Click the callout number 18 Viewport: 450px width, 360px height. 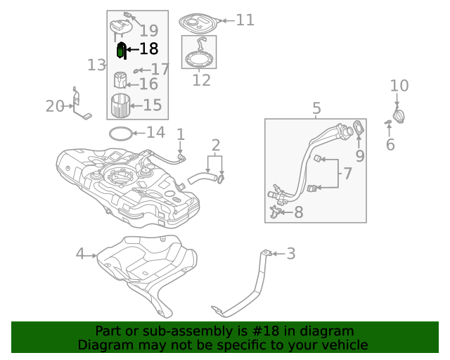point(149,49)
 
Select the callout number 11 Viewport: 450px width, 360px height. point(245,20)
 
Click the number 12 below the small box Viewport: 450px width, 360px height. point(201,80)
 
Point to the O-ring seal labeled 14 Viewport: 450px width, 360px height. point(120,133)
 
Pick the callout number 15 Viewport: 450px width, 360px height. point(153,105)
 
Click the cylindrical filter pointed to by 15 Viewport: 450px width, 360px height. point(122,106)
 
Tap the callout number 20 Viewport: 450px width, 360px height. point(55,106)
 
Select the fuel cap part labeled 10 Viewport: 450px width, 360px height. point(399,115)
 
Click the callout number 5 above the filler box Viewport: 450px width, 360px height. point(316,108)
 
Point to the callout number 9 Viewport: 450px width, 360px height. point(359,155)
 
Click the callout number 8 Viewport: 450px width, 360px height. point(298,212)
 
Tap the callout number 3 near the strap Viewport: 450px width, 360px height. point(290,254)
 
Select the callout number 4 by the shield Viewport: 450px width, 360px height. point(80,254)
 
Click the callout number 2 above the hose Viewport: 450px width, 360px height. point(215,146)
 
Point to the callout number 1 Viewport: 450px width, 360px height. point(180,134)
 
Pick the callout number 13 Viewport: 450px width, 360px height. point(97,65)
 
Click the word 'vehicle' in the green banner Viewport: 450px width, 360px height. point(345,345)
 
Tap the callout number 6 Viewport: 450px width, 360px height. point(390,145)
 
